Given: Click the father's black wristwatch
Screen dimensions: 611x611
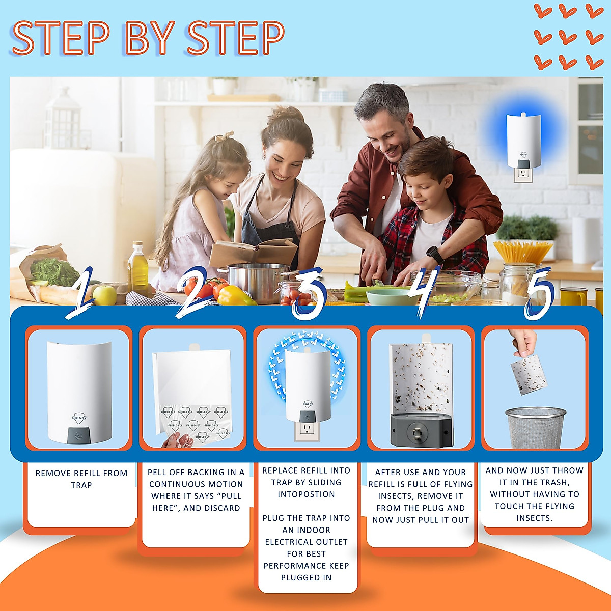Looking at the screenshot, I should click(x=434, y=254).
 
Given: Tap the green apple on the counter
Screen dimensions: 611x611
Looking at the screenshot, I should click(x=105, y=295).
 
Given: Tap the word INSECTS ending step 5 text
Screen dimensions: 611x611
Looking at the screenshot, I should click(x=534, y=518).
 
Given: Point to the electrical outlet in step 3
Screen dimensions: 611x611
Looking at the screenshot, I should click(x=306, y=430).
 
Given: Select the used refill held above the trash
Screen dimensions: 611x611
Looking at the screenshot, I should click(x=528, y=374).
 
